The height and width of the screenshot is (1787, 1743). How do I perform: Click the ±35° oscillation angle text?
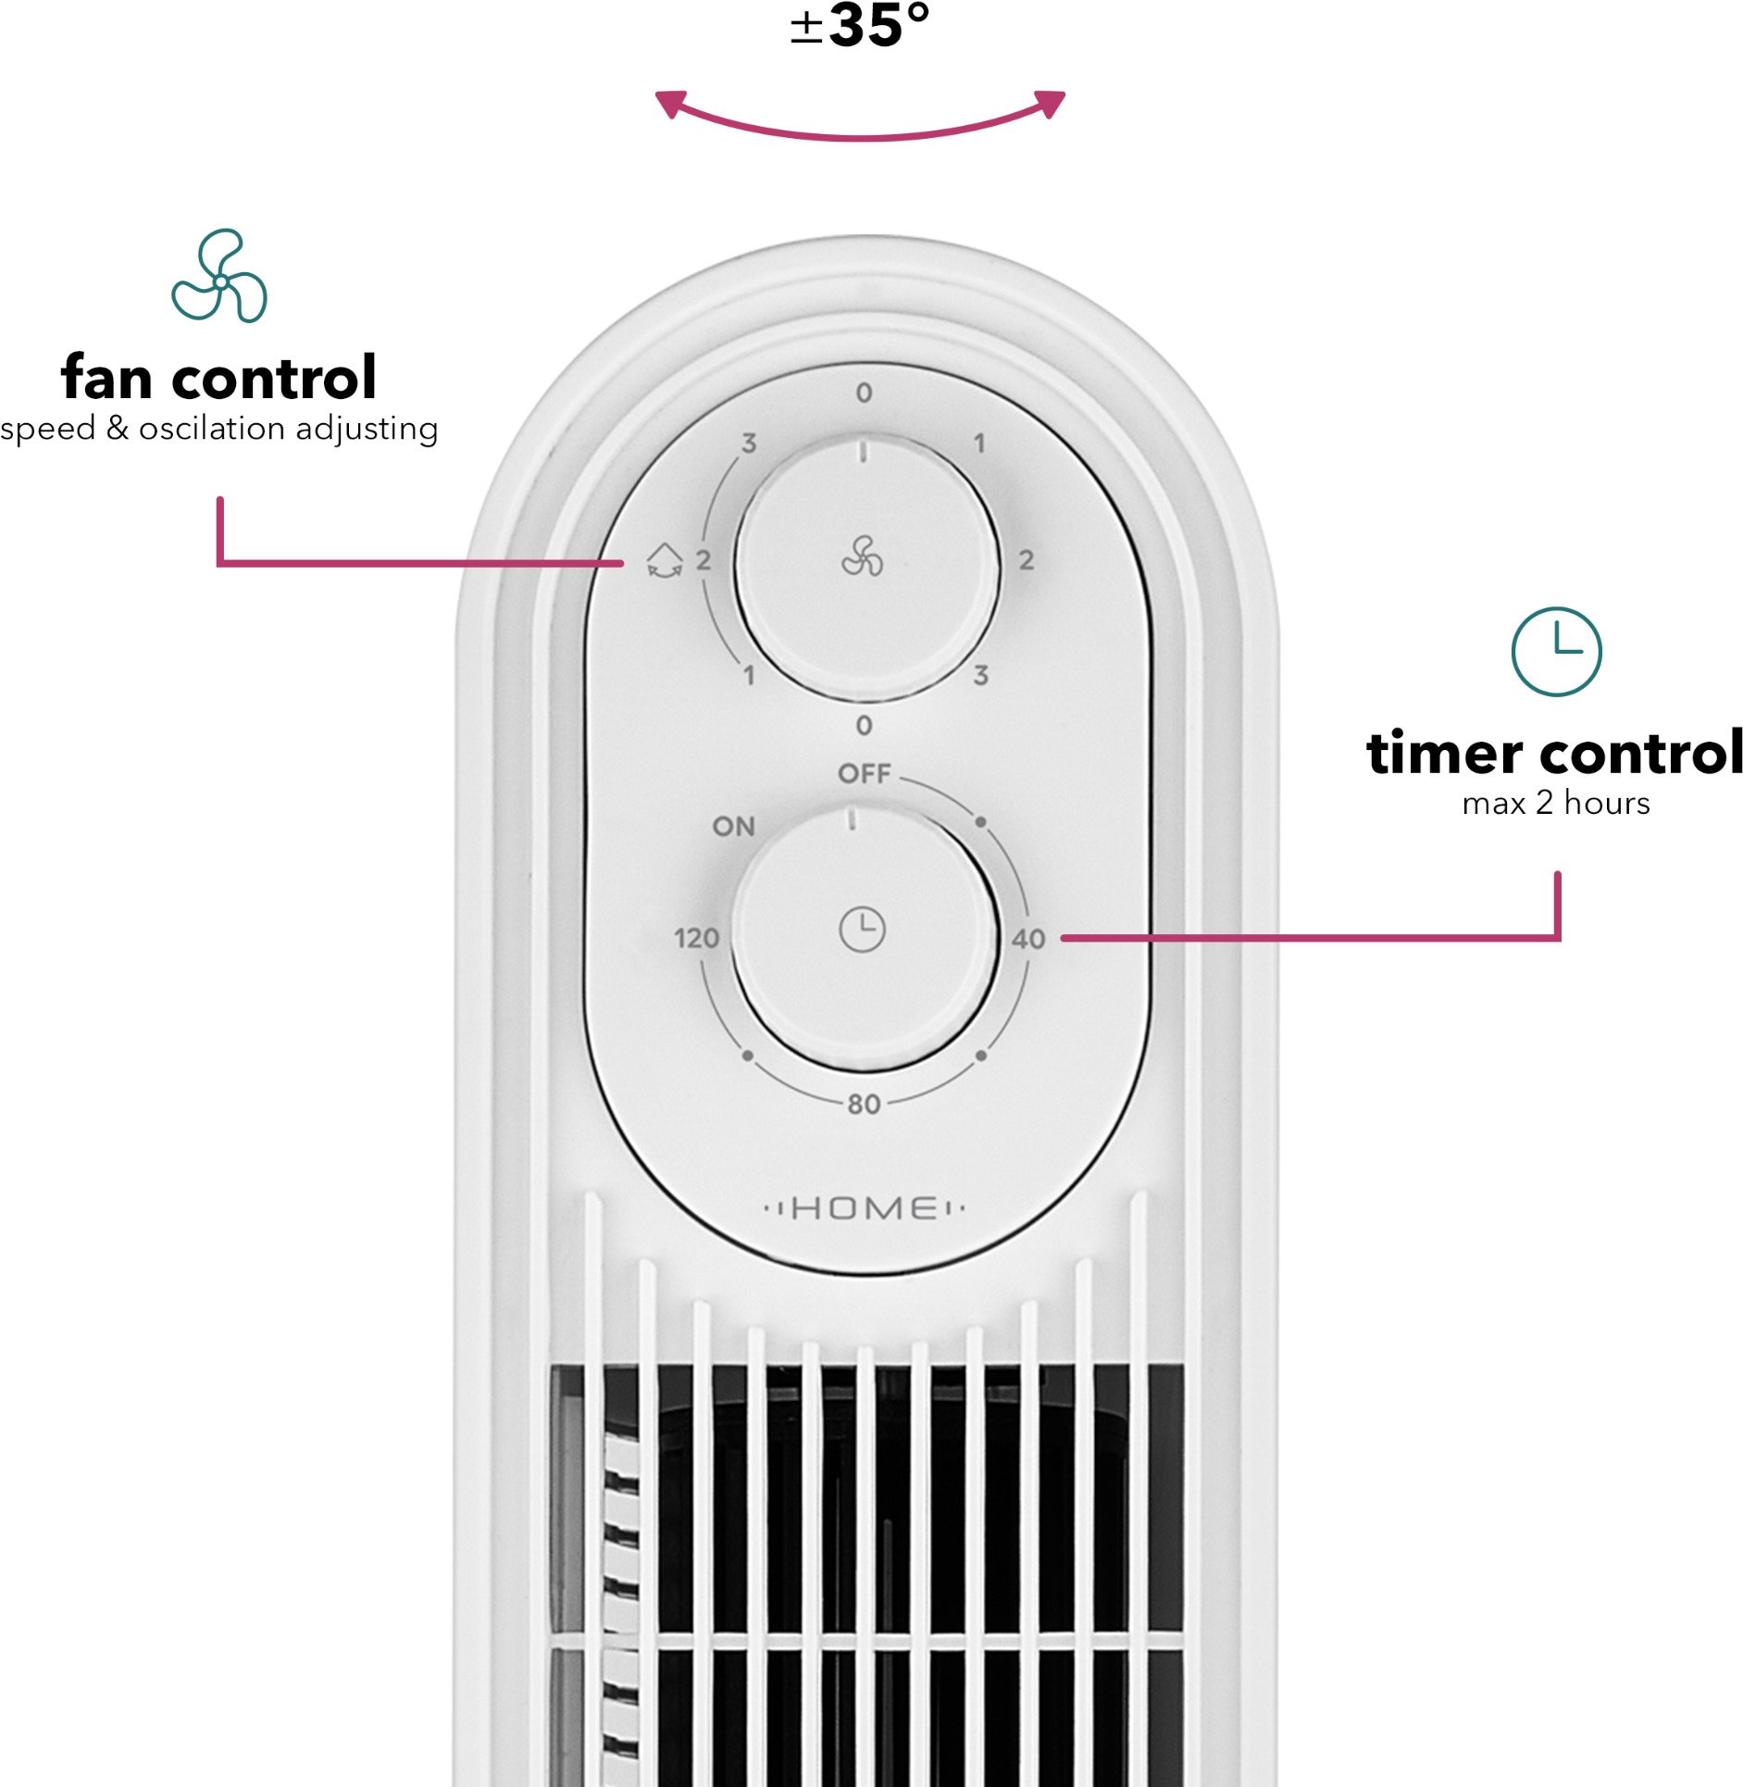(x=860, y=25)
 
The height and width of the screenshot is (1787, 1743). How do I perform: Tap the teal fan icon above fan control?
(x=219, y=276)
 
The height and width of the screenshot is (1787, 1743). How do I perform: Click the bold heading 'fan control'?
(x=218, y=377)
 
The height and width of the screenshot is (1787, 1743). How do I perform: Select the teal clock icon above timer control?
(x=1556, y=651)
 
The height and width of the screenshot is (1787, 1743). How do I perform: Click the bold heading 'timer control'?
(x=1555, y=752)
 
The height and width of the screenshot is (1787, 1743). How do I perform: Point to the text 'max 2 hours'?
(x=1556, y=803)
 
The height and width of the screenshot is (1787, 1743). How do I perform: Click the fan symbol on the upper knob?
(x=862, y=556)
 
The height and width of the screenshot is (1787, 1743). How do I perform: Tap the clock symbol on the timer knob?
(x=862, y=929)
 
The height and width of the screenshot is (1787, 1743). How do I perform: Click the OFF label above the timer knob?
(x=864, y=773)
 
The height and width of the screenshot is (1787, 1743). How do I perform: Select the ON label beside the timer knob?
(x=734, y=826)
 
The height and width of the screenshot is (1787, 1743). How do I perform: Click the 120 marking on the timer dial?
(x=696, y=939)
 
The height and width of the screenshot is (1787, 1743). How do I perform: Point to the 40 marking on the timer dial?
(x=1028, y=939)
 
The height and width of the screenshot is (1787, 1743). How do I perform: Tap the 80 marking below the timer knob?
(x=864, y=1104)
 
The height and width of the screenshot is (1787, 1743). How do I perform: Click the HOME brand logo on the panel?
(x=865, y=1207)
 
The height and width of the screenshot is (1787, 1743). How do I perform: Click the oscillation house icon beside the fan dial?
(x=664, y=561)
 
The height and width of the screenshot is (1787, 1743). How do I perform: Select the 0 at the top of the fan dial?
(x=864, y=393)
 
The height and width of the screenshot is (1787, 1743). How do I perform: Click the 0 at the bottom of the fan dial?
(x=864, y=725)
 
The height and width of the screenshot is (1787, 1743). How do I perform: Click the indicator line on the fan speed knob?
(x=863, y=452)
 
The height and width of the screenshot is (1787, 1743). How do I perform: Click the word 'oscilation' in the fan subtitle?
(x=212, y=428)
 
